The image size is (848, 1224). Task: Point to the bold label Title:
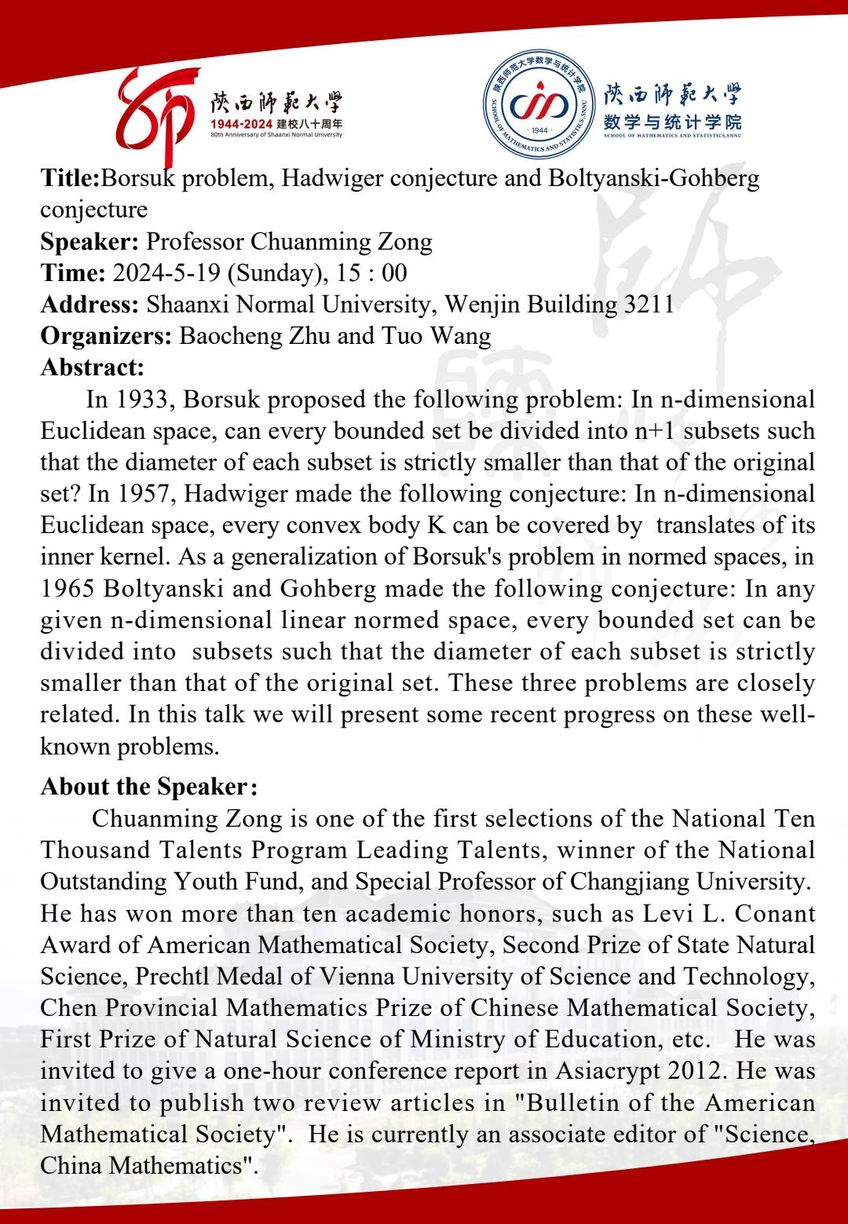point(71,179)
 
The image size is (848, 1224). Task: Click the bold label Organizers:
point(106,336)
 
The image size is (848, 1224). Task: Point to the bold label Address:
point(90,305)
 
